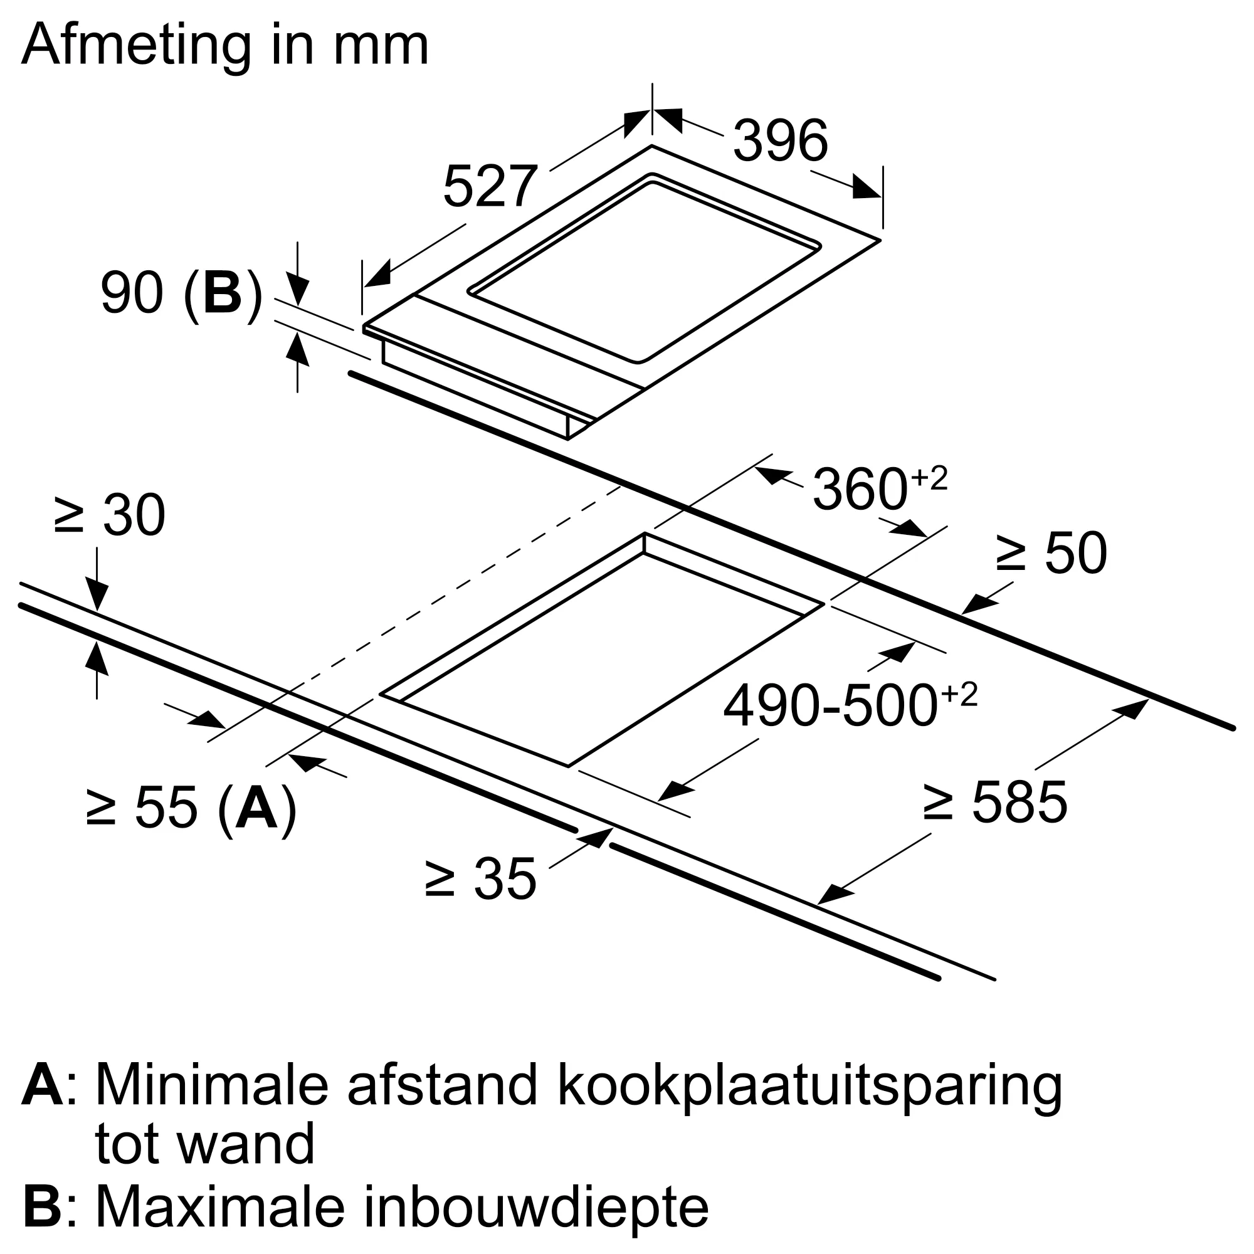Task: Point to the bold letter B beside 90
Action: (x=222, y=293)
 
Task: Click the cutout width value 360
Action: (x=860, y=490)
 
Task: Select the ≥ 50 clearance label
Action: (x=1051, y=553)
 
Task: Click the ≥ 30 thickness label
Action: (x=110, y=515)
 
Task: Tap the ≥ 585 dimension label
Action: (x=994, y=803)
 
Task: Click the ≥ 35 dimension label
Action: (x=480, y=879)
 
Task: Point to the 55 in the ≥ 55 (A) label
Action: (x=167, y=808)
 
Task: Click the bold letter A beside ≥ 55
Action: (x=256, y=808)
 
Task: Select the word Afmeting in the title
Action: (x=136, y=45)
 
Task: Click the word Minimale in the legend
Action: (x=211, y=1085)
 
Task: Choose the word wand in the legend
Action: (x=246, y=1144)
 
